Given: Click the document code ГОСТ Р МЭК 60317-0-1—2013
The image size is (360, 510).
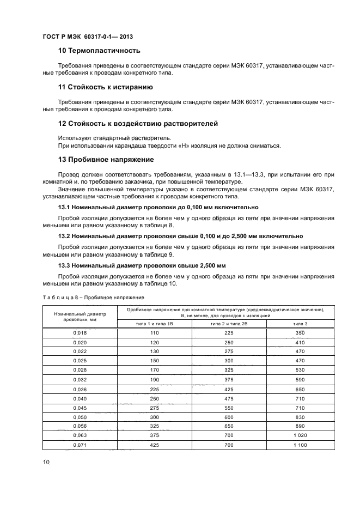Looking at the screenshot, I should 88,37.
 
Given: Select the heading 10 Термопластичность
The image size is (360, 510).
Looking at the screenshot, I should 99,51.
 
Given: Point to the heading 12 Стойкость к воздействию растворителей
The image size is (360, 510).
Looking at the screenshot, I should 138,124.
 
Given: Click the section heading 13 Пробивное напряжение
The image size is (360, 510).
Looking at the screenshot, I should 106,160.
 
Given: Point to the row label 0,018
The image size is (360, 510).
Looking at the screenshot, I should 80,332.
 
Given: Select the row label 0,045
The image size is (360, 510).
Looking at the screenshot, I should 80,408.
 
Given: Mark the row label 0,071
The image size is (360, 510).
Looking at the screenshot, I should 80,445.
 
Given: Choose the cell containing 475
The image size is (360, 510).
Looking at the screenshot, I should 229,398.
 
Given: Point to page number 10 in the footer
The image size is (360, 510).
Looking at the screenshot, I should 46,463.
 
